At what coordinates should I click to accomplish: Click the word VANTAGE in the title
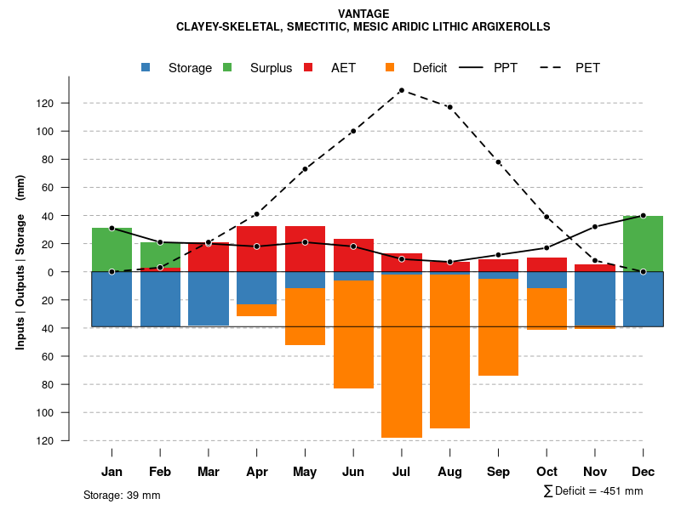coord(363,14)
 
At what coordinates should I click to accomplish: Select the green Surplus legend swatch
coord(227,67)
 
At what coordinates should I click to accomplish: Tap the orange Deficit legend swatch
coord(390,67)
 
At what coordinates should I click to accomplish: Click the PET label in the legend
coord(587,68)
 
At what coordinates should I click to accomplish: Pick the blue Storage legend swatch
coord(146,67)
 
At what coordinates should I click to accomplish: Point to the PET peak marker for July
coord(401,90)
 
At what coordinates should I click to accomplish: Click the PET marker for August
coord(449,107)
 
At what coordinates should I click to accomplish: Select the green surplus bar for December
coord(643,244)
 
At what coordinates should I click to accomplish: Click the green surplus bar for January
coord(112,250)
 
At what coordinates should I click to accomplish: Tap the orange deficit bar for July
coord(401,356)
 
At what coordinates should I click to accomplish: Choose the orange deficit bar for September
coord(498,327)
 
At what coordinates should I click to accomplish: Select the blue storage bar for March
coord(209,298)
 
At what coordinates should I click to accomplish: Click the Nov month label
coord(595,472)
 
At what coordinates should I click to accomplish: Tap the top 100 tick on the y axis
coord(68,131)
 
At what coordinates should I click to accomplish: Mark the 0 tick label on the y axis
coord(74,272)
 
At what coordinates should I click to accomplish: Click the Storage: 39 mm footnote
coord(122,495)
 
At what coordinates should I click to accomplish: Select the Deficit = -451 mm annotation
coord(593,490)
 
